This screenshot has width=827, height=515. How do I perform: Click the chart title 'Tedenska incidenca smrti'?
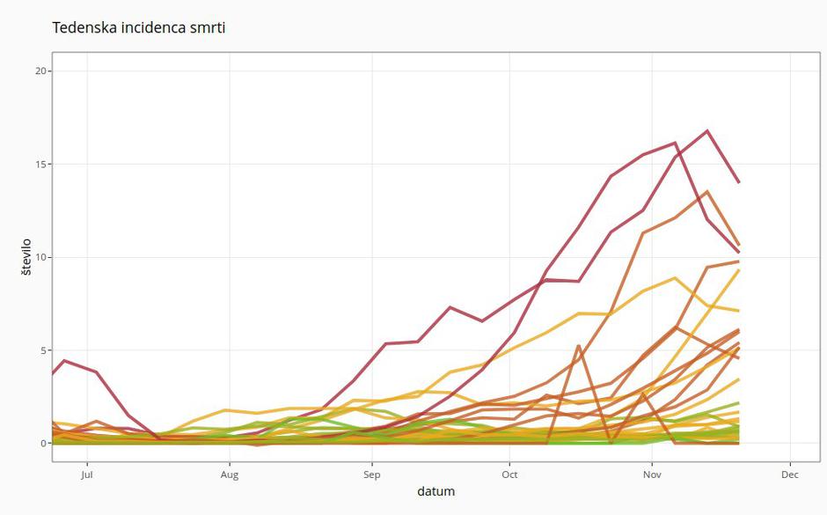[x=139, y=27]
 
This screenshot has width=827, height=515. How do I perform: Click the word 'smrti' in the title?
[x=208, y=27]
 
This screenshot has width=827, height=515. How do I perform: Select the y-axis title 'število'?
[x=26, y=256]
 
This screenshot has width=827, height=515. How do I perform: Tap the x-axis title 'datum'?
[x=436, y=491]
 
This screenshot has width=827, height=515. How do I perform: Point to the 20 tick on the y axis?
[x=40, y=70]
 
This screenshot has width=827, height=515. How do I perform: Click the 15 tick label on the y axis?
[x=40, y=164]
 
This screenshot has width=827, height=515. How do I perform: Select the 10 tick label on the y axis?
[x=40, y=257]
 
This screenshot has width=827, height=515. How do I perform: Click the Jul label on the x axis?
[x=86, y=475]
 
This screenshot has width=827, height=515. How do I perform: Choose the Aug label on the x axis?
[x=229, y=475]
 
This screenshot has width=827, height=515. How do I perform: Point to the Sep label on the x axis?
[x=371, y=475]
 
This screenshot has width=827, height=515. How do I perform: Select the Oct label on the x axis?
[x=509, y=475]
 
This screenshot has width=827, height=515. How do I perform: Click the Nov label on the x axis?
[x=651, y=475]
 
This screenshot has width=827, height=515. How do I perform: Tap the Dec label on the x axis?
[x=789, y=475]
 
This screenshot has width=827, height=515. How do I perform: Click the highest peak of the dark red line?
[x=706, y=131]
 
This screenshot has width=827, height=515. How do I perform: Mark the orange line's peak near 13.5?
[x=706, y=191]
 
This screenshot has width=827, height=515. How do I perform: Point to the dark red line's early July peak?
[x=64, y=360]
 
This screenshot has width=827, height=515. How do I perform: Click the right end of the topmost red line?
[x=738, y=182]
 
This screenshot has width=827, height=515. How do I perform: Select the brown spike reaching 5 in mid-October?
[x=578, y=346]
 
